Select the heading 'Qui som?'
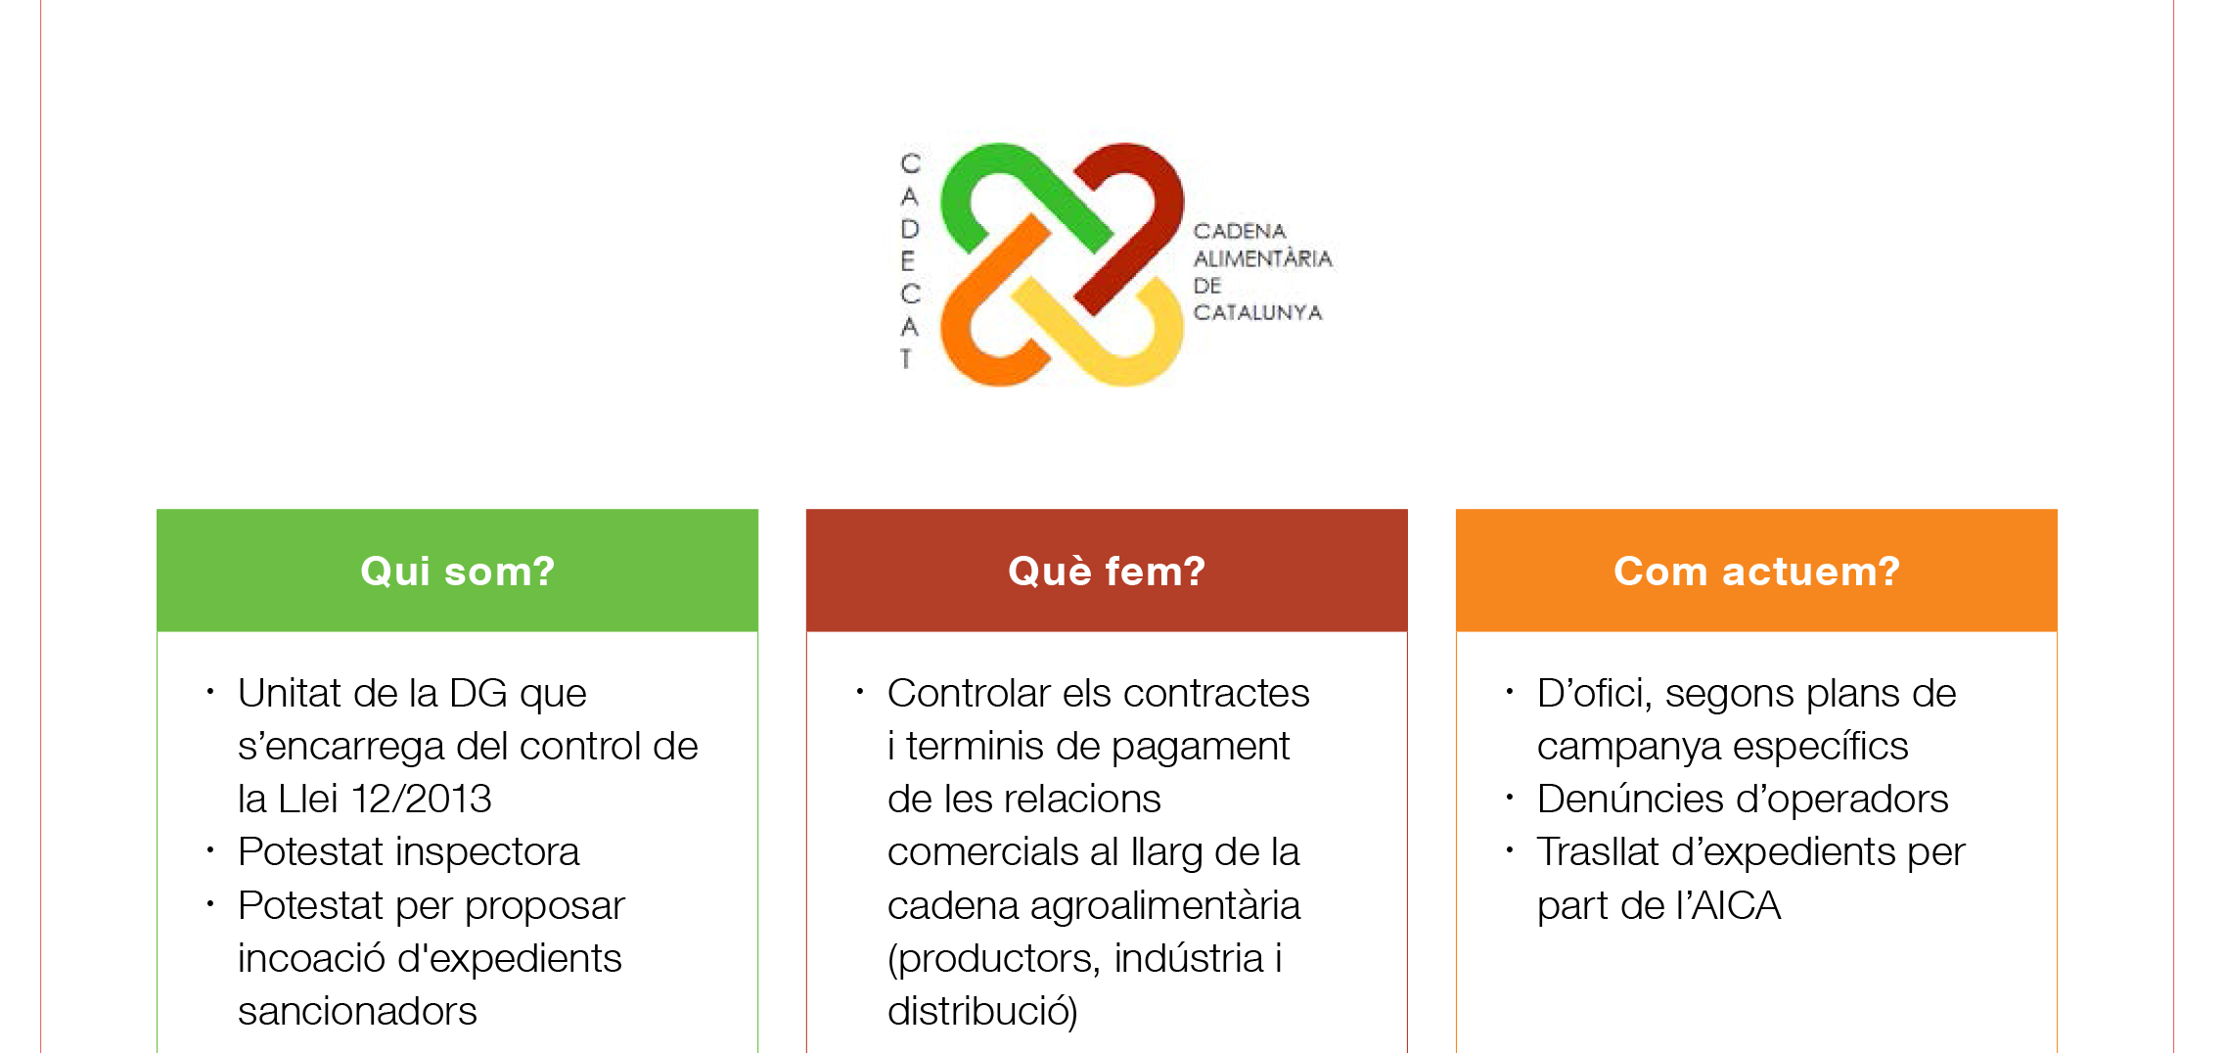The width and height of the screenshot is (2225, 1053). point(457,571)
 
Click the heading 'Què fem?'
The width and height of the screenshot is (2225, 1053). point(1107,571)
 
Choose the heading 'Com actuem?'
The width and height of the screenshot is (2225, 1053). point(1756,571)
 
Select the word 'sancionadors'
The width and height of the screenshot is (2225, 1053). point(357,1011)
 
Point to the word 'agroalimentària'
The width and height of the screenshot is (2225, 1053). point(1165,905)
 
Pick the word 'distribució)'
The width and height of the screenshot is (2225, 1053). point(982,1011)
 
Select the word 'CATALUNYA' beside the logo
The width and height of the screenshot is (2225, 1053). point(1257,312)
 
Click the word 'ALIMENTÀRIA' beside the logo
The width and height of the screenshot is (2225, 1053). point(1262,257)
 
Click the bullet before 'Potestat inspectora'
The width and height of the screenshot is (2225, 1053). point(209,850)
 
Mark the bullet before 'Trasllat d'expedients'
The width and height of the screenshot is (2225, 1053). point(1509,850)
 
